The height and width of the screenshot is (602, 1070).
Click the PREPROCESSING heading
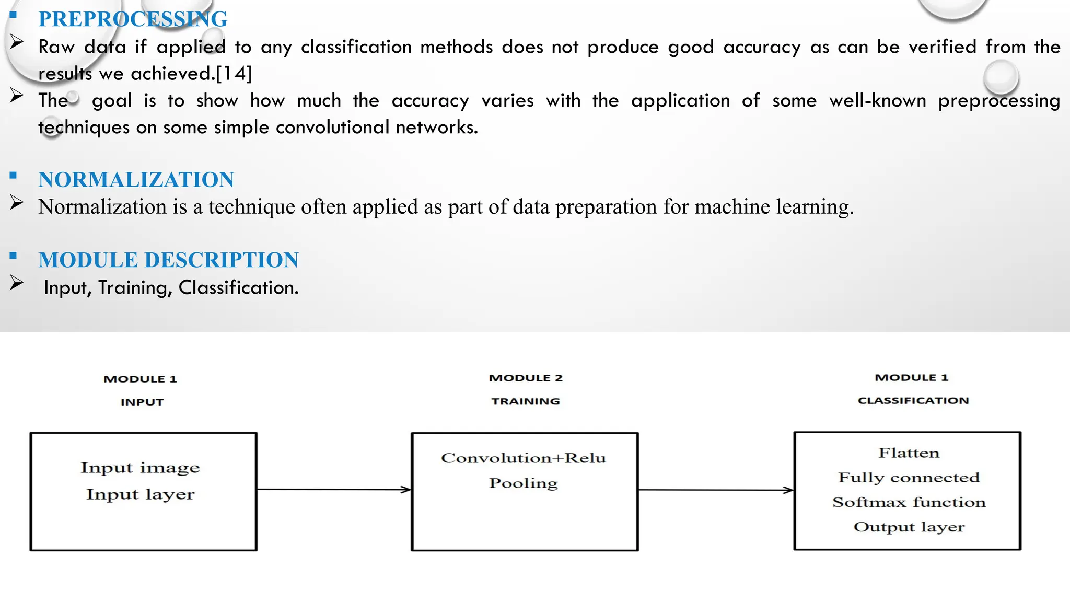[x=133, y=19]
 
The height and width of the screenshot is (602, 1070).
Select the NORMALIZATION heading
[x=136, y=180]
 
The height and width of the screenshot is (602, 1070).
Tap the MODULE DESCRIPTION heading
[x=168, y=260]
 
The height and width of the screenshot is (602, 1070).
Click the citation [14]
[x=234, y=74]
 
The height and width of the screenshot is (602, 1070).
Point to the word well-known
[x=877, y=100]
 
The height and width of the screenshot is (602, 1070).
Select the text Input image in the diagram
[x=140, y=467]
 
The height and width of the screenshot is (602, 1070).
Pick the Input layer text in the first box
[x=140, y=494]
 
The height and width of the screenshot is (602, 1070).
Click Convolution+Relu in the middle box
[x=524, y=458]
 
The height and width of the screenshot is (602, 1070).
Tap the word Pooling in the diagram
[x=524, y=483]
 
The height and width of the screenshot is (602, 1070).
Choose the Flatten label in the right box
[x=909, y=453]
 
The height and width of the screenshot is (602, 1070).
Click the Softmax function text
[x=909, y=502]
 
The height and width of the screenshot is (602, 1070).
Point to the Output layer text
[x=909, y=527]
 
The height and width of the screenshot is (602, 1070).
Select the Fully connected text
[x=909, y=478]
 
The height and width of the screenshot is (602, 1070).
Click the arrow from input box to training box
[x=334, y=490]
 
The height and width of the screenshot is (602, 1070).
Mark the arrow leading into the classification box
[x=716, y=490]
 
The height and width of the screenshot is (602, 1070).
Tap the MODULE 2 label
[x=526, y=378]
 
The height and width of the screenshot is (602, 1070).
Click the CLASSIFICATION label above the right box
[x=913, y=401]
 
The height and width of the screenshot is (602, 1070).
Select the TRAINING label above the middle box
[x=526, y=401]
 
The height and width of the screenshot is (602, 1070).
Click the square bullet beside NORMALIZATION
[x=14, y=176]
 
